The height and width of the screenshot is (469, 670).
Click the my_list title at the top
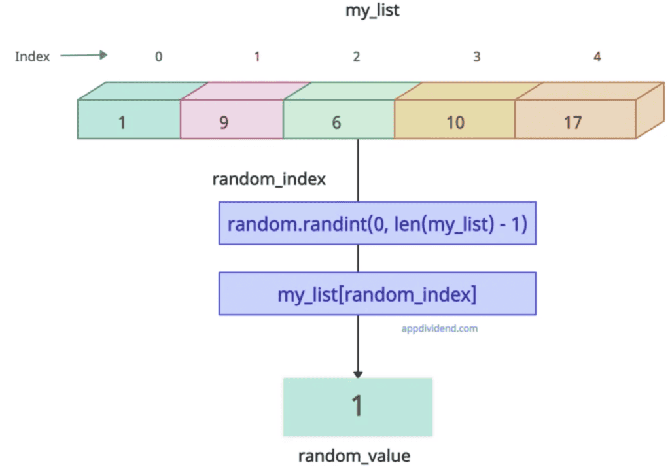point(373,11)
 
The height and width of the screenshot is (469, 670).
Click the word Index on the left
point(32,56)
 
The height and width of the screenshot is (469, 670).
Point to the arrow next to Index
point(84,56)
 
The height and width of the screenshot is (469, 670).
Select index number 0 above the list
point(158,57)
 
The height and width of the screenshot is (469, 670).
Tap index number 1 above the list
point(256,57)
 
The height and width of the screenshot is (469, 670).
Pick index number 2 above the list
point(356,57)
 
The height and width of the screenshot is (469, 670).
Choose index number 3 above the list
point(476,57)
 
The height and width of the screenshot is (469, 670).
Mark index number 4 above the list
point(597,57)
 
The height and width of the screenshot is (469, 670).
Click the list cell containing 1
point(122,122)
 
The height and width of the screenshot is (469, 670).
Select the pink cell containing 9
point(224,122)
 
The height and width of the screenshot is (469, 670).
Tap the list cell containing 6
point(336,122)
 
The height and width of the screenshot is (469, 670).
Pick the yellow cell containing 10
point(455,122)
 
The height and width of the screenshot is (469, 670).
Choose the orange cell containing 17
point(573,122)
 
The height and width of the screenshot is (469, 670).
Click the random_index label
point(269,179)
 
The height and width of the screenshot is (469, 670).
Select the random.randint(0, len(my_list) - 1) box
point(378,223)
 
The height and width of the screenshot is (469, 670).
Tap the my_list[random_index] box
point(378,294)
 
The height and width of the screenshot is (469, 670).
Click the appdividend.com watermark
point(439,328)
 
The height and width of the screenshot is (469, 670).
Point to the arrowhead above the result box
point(358,372)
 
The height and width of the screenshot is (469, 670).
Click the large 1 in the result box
point(357,406)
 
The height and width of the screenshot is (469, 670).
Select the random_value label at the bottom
point(355,456)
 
